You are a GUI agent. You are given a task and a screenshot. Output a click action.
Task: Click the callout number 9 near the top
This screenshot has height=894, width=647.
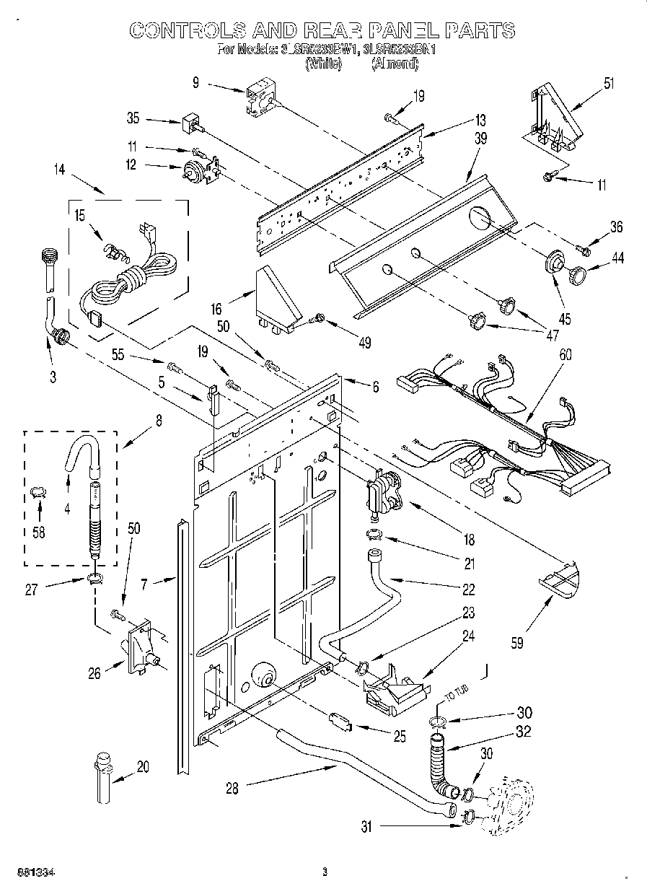(195, 82)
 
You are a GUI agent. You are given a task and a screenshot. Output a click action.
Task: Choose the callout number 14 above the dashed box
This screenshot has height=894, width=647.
(59, 170)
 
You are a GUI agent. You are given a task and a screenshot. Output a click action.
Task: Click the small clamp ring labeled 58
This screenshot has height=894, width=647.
(40, 492)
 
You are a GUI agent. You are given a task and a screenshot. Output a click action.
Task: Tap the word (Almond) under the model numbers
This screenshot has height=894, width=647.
(395, 64)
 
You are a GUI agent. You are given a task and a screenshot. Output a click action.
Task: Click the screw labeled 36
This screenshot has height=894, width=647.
(584, 250)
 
